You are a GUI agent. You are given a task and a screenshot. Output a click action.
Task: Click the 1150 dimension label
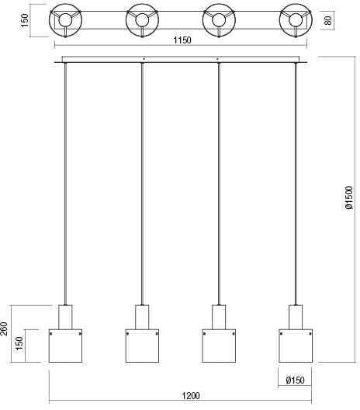[x=182, y=40]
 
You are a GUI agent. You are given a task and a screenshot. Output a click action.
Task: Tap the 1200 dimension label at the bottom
[x=191, y=395]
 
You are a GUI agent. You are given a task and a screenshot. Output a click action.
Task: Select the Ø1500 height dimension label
[x=349, y=198]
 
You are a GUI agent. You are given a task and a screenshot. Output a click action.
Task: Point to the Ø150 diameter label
[x=295, y=380]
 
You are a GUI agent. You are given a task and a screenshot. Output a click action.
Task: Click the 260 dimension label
[x=5, y=328]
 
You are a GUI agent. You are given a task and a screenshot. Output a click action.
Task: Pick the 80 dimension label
[x=328, y=20]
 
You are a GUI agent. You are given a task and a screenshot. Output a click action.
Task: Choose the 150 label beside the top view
[x=24, y=20]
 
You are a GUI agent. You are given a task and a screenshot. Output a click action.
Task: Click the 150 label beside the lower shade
[x=19, y=343]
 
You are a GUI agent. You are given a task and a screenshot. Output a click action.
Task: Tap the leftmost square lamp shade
[x=66, y=346]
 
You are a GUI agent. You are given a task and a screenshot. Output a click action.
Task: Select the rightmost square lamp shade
[x=296, y=346]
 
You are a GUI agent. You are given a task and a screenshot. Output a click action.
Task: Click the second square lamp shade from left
[x=142, y=346]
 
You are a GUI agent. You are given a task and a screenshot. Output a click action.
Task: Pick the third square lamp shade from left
[x=219, y=346]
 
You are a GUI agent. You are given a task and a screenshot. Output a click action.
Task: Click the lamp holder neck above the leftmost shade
[x=65, y=317]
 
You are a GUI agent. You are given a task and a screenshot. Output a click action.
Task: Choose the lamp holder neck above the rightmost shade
[x=296, y=317]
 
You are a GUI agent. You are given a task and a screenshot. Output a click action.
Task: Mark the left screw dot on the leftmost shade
[x=50, y=334]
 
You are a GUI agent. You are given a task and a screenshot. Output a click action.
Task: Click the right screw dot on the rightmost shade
[x=310, y=334]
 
